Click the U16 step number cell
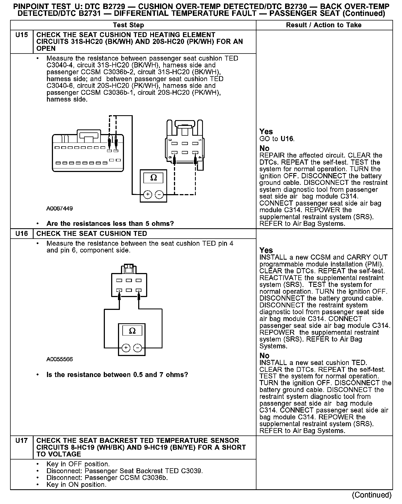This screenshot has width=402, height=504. [x=22, y=234]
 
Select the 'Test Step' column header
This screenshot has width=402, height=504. [x=128, y=25]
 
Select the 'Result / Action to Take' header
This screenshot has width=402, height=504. [x=324, y=25]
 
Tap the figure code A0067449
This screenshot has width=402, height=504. [x=60, y=209]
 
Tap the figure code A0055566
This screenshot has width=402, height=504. [x=60, y=359]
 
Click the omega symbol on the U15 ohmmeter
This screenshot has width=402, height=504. [x=153, y=178]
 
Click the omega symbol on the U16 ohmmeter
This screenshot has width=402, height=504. [x=132, y=331]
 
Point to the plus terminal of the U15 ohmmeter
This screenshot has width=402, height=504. [x=147, y=195]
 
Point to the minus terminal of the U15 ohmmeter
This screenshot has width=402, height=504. [x=159, y=195]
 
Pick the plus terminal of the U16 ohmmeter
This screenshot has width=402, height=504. [x=126, y=348]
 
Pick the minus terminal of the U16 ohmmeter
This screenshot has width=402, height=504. [x=137, y=348]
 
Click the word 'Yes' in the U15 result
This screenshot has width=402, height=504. [x=266, y=132]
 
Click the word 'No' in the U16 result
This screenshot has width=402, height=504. [x=264, y=356]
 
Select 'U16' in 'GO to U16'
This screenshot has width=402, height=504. [x=287, y=139]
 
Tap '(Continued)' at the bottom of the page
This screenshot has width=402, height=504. [x=372, y=495]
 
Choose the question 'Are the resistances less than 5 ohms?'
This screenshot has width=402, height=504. [x=110, y=224]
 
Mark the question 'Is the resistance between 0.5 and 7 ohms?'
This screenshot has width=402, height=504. [x=117, y=375]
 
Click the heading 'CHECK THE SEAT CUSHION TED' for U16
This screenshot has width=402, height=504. [x=91, y=234]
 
